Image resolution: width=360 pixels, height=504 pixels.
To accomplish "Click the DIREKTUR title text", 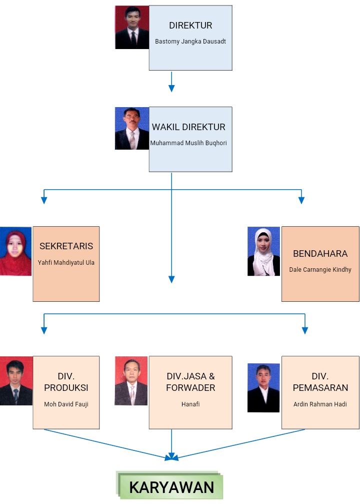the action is tap(190, 26).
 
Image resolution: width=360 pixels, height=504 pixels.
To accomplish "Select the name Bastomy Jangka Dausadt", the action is tap(190, 42).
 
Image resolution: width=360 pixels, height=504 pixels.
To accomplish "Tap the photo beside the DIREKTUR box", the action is tap(132, 28).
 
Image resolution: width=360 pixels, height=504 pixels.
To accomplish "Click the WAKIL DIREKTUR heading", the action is tap(188, 127).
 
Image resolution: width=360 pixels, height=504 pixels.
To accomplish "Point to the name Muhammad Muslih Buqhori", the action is tap(188, 143).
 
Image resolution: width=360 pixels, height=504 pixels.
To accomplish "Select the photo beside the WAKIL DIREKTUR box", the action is tap(132, 129).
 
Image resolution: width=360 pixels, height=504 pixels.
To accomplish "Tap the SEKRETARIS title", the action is tap(66, 246).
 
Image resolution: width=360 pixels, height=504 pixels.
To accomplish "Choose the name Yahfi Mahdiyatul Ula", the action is tap(66, 262).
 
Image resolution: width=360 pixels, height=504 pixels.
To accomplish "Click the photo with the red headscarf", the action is tap(16, 252).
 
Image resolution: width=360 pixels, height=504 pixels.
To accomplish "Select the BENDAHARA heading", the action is tap(320, 253).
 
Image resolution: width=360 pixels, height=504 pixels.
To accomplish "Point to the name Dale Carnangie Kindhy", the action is tap(320, 270).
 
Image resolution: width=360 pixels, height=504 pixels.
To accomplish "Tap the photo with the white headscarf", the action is tap(263, 252).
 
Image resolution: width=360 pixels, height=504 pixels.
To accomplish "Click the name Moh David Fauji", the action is tap(66, 404).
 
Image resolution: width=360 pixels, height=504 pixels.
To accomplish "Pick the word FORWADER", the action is tap(190, 388).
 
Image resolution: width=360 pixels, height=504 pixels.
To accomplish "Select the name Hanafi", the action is tap(190, 404).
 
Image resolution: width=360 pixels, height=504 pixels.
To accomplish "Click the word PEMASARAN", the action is tap(320, 388).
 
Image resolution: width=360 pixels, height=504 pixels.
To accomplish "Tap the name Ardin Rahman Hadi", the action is tap(320, 404).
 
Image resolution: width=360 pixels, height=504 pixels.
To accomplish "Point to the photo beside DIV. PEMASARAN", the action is tap(263, 388).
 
